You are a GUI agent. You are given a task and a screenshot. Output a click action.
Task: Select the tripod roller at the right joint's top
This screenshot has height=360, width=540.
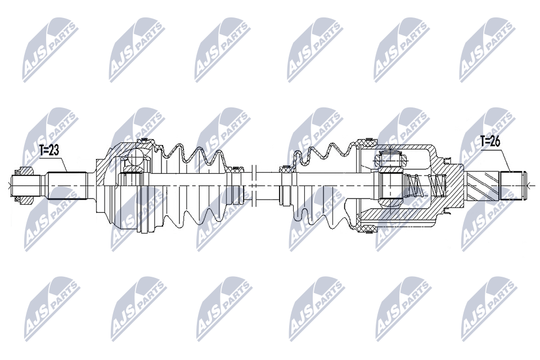pyautogui.click(x=390, y=159)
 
